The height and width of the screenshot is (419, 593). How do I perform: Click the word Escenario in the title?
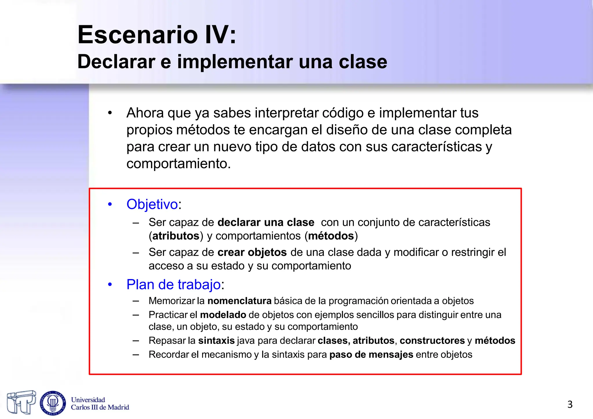point(138,35)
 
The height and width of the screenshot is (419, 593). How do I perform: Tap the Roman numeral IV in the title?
point(217,35)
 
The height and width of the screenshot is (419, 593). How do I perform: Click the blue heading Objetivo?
point(152,204)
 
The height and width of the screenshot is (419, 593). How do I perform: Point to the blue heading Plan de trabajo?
point(174,284)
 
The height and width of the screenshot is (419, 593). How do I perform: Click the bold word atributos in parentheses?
point(176,236)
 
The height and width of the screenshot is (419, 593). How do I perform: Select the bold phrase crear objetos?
point(252,252)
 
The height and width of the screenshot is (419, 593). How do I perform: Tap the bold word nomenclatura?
point(239,301)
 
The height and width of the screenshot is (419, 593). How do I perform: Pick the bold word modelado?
point(223,315)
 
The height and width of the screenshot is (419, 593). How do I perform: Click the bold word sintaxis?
point(216,341)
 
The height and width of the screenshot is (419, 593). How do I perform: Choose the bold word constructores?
point(432,341)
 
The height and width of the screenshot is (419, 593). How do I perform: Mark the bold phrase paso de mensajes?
point(371,354)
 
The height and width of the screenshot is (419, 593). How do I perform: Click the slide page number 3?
point(570,404)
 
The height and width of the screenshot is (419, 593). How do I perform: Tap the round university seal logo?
point(53,403)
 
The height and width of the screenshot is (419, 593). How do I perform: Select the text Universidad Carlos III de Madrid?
point(100,404)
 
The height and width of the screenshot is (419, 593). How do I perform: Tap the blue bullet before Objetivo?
point(110,204)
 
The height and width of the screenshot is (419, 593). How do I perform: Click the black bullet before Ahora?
point(110,113)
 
